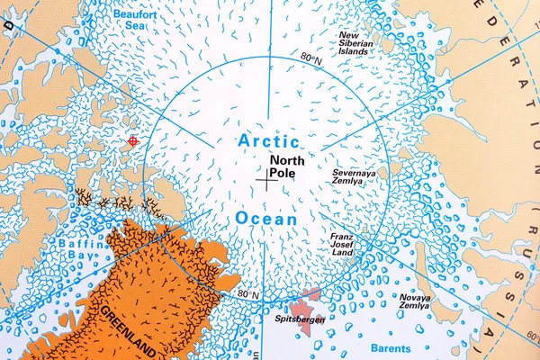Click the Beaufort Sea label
(x=134, y=21)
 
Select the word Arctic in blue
(x=268, y=141)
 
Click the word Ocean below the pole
(x=267, y=219)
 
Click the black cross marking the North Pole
(x=266, y=180)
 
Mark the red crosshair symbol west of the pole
(x=133, y=140)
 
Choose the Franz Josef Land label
(x=346, y=245)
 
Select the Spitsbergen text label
(x=300, y=319)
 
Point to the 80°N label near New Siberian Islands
(x=310, y=58)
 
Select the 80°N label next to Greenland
(x=248, y=294)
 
